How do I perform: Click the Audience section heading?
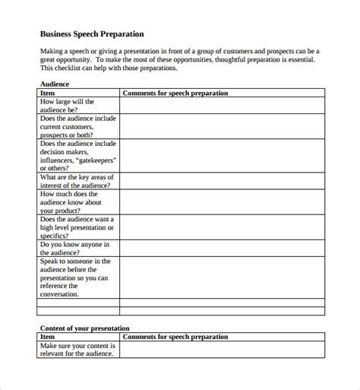[54, 84]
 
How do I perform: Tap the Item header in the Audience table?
[46, 93]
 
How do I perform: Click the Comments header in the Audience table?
[175, 93]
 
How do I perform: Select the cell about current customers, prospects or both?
[77, 125]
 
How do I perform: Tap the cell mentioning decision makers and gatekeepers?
[77, 155]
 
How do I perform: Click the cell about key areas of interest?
[77, 181]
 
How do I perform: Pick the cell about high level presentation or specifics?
[77, 227]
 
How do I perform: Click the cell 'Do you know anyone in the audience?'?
[75, 249]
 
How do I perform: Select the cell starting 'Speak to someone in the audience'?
[77, 277]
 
